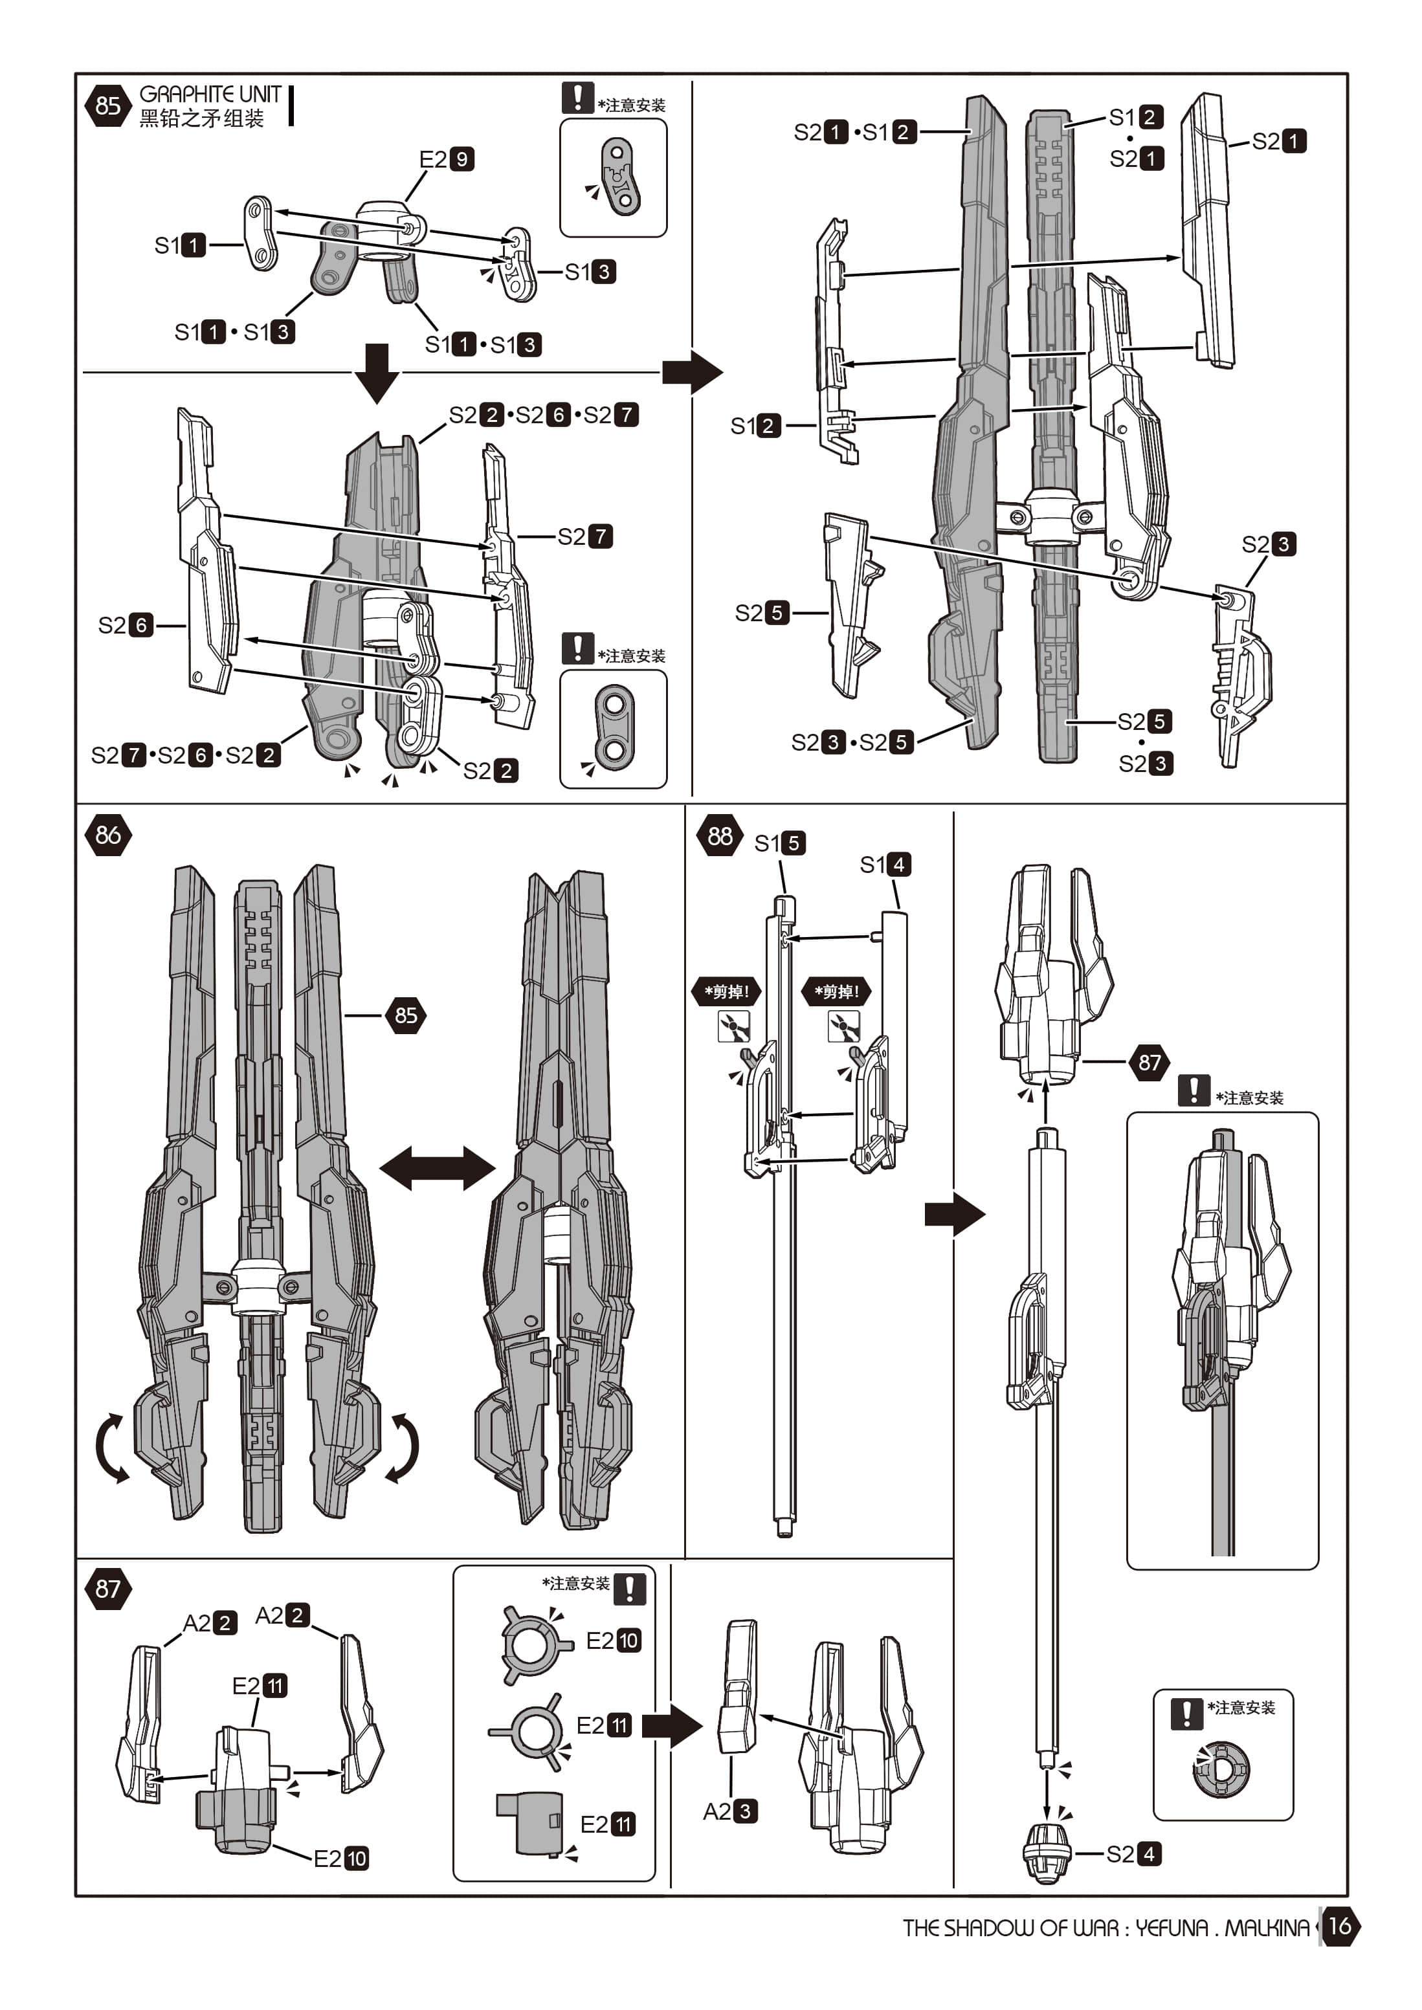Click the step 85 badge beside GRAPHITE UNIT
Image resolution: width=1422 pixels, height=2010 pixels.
107,106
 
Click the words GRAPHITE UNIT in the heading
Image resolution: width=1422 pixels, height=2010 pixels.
210,94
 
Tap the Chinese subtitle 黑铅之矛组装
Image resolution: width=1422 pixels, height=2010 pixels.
201,119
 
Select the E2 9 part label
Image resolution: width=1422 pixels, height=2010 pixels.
447,159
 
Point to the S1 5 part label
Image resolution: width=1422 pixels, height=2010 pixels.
779,843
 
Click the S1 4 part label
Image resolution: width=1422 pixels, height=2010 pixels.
885,865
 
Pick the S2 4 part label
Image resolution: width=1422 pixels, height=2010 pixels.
1134,1853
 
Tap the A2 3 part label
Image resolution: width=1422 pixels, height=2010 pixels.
730,1811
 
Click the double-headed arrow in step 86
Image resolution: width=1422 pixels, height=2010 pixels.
437,1168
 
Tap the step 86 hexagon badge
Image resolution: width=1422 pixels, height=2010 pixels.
107,835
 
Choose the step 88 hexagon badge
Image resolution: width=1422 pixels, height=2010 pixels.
720,836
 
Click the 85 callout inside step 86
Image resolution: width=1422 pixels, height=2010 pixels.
405,1015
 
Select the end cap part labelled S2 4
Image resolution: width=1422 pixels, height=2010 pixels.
1047,1853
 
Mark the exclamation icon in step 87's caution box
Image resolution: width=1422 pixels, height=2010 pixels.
630,1588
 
